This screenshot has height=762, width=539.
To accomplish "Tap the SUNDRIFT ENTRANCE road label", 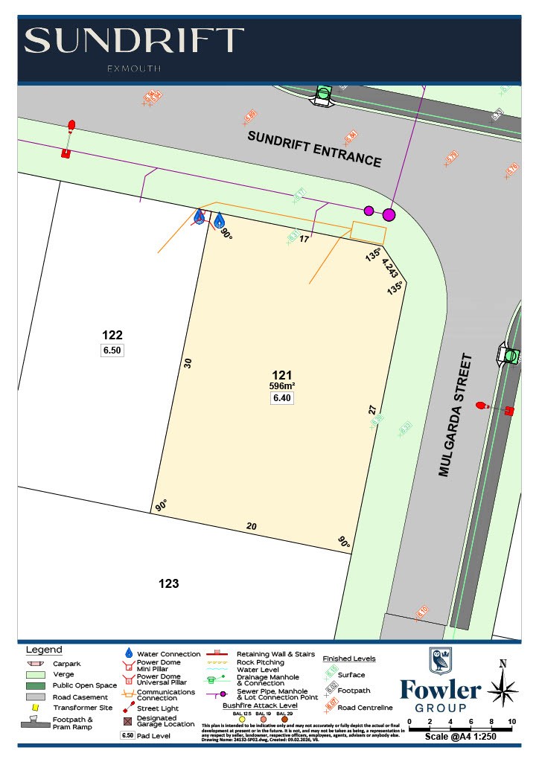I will [314, 149].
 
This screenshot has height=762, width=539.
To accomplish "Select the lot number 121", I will [281, 375].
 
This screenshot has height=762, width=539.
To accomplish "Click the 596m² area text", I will [282, 385].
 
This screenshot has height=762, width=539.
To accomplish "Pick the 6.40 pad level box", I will [282, 398].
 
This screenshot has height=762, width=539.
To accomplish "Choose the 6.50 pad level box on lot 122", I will [112, 350].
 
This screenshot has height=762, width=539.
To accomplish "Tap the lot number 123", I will [169, 583].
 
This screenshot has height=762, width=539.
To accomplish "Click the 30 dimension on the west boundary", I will [188, 363].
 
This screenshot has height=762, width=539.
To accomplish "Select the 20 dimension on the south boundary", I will [252, 526].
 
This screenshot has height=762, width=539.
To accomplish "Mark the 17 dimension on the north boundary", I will [304, 239].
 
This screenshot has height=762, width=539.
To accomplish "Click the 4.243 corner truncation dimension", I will [390, 268].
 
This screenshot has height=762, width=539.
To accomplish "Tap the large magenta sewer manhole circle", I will [388, 215].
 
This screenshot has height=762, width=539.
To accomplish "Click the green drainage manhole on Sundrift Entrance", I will [323, 94].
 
